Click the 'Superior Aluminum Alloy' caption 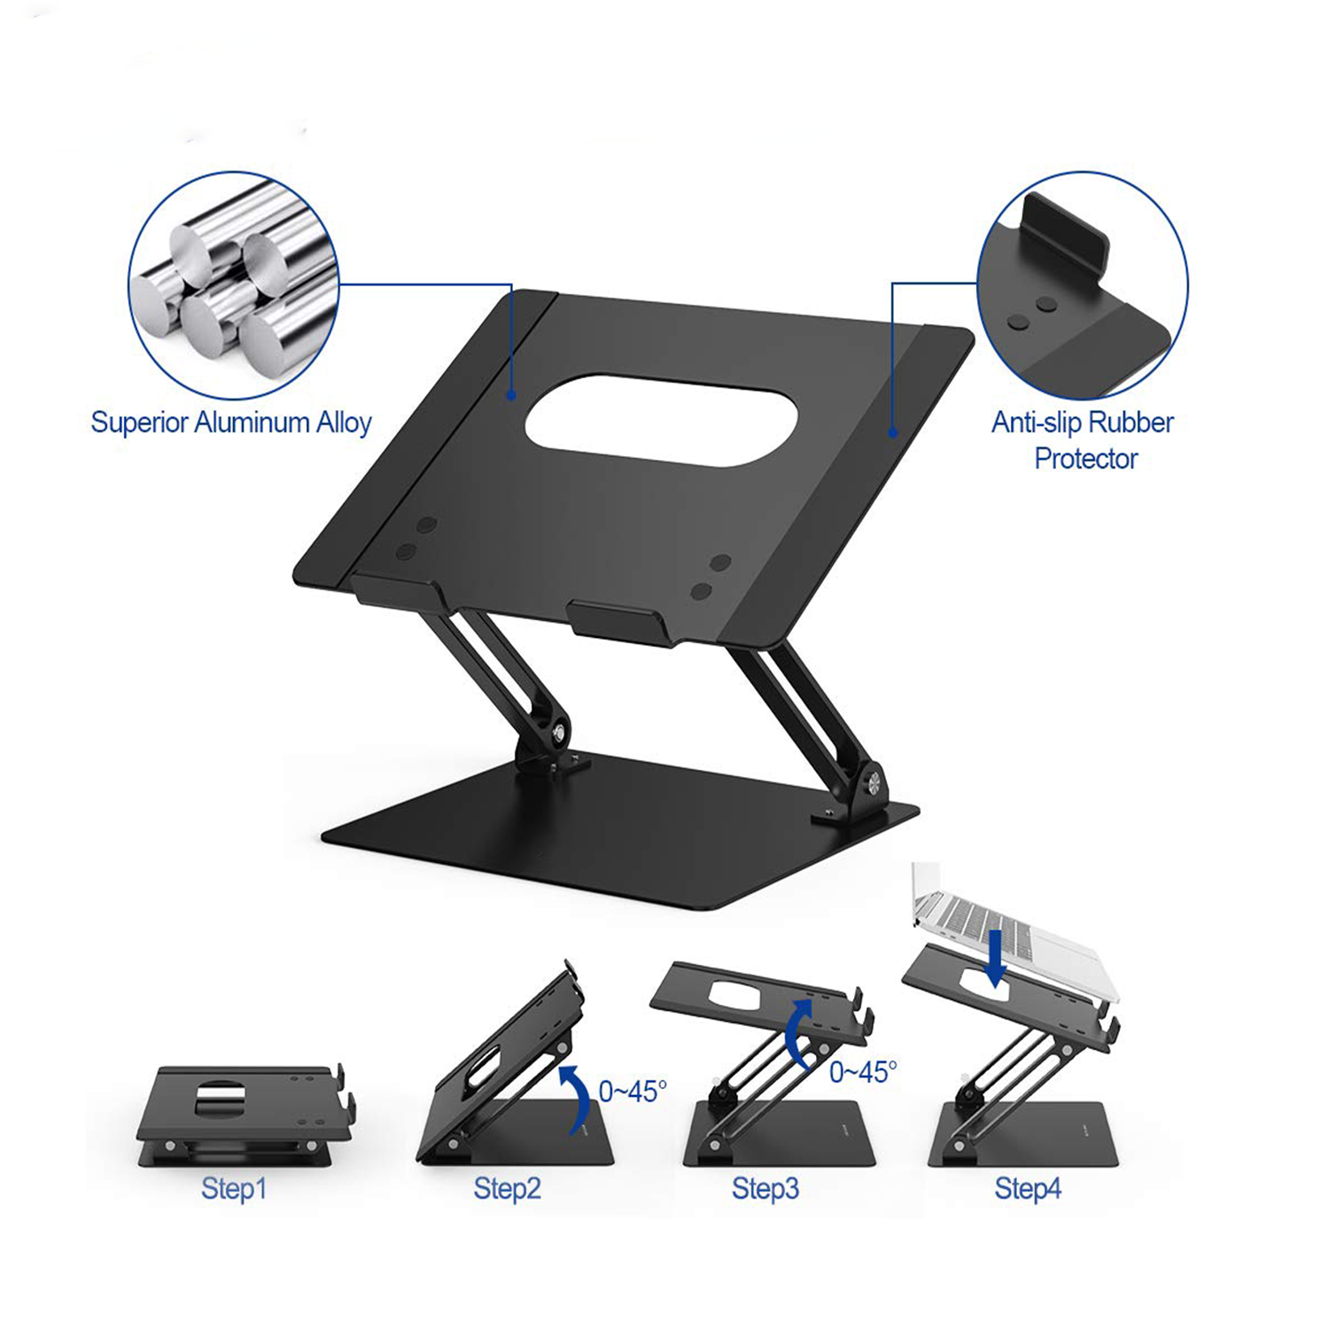[231, 423]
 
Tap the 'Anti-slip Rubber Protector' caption [1083, 440]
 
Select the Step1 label [234, 1188]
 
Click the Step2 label [507, 1188]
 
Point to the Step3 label [766, 1188]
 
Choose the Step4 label [1028, 1188]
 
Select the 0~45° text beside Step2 [633, 1092]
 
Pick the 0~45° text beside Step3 [863, 1072]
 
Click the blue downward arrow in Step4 [997, 958]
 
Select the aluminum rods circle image [234, 285]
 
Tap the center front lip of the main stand [618, 619]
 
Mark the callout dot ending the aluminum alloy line [511, 395]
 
